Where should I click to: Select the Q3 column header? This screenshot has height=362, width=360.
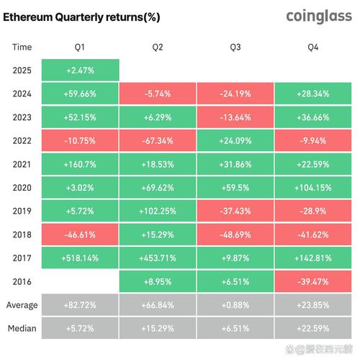click(235, 47)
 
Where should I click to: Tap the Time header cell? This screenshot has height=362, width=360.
click(22, 47)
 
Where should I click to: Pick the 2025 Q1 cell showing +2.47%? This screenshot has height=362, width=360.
click(80, 71)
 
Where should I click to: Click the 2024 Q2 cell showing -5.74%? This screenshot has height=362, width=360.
click(157, 94)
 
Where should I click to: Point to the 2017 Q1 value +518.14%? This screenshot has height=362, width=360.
click(80, 258)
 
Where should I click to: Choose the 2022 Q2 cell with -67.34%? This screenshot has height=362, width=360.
click(157, 140)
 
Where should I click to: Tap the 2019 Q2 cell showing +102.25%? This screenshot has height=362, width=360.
click(157, 211)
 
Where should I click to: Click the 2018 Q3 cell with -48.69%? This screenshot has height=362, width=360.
click(235, 235)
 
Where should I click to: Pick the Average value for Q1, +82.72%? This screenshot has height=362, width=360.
click(80, 304)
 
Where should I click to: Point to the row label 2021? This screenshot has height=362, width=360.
click(22, 164)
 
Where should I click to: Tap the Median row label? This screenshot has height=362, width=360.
click(22, 328)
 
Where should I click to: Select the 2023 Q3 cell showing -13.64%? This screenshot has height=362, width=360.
click(235, 117)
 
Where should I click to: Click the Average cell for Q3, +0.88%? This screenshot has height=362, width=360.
click(235, 304)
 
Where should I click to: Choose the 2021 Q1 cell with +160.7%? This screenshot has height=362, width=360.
click(80, 164)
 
